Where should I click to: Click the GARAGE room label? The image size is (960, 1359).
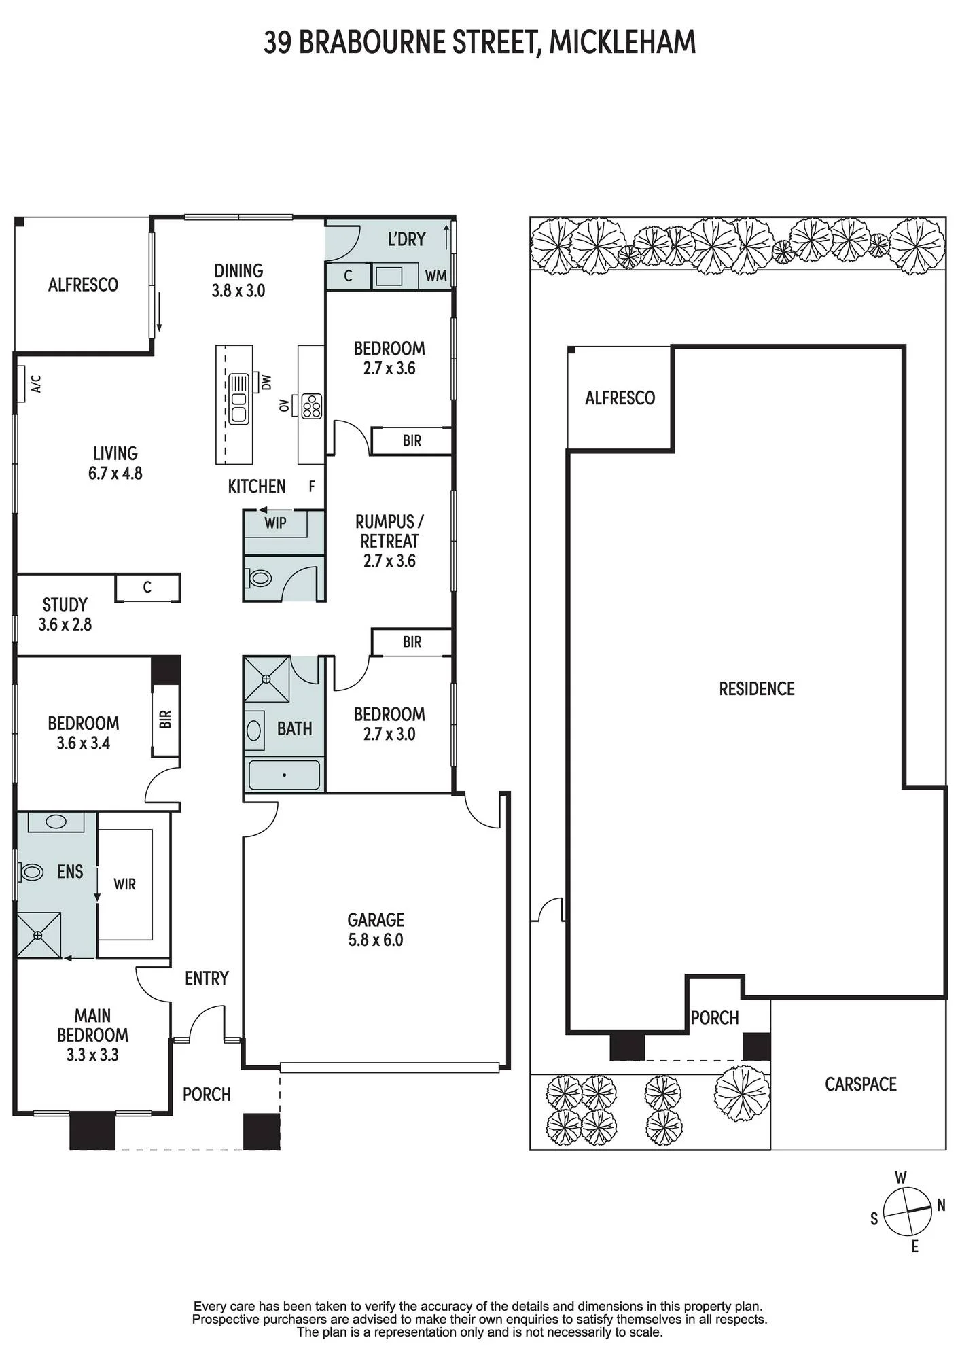point(376,920)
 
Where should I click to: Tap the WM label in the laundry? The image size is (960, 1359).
point(436,276)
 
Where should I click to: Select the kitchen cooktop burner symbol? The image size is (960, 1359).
point(312,406)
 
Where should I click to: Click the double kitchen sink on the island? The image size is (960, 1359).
point(238,399)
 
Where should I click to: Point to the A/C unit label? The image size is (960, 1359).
point(37,384)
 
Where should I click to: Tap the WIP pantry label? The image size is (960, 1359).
point(275,523)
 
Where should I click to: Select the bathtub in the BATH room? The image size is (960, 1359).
point(284,775)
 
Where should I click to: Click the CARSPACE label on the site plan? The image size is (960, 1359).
point(861,1084)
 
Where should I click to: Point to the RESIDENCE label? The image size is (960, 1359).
point(757,689)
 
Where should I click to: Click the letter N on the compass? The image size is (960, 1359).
point(941,1205)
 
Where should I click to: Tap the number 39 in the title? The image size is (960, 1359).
point(278,42)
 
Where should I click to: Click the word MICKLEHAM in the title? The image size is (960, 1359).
point(622,42)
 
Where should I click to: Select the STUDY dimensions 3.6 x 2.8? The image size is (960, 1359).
point(65,624)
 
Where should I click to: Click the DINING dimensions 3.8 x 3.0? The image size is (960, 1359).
point(238,291)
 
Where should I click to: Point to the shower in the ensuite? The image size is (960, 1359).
point(38,936)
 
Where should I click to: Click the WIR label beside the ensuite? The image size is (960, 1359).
point(125,884)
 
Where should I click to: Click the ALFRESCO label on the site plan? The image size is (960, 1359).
point(620,398)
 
